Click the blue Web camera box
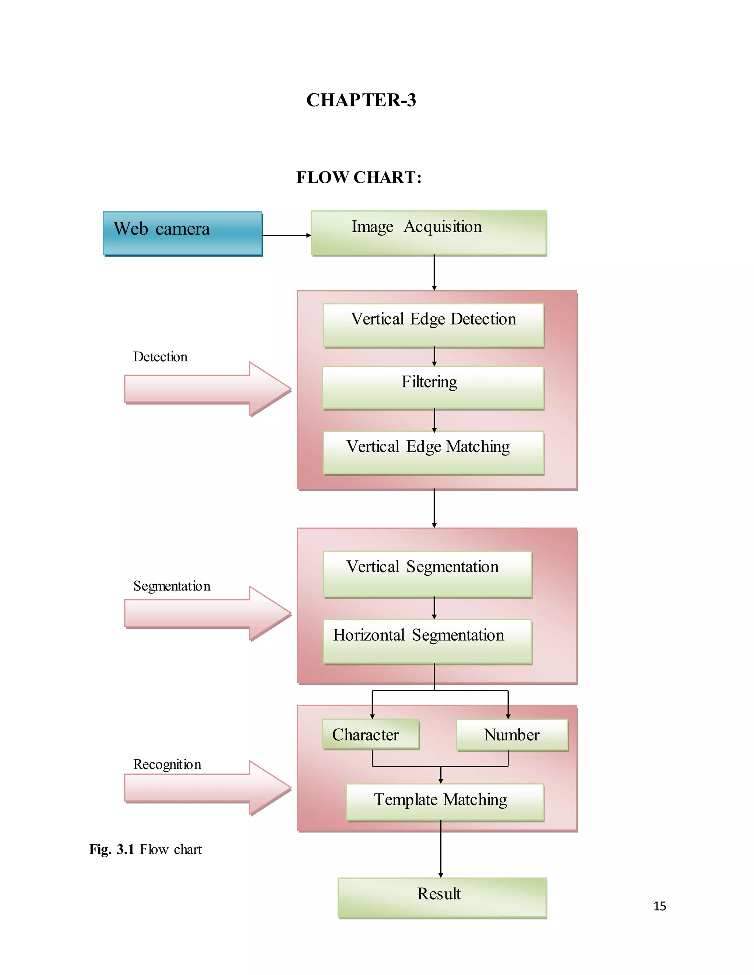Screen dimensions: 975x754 point(182,233)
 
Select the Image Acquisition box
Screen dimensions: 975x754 point(429,233)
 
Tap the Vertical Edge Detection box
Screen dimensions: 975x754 point(433,325)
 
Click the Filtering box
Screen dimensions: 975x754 point(433,387)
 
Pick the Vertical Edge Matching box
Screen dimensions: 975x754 point(433,452)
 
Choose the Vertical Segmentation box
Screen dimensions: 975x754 point(427,574)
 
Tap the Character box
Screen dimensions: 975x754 point(370,734)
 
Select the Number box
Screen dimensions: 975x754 point(511,734)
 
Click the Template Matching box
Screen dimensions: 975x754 point(444,802)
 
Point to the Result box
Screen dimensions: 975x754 point(442,897)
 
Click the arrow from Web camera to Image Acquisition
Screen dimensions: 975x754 point(286,235)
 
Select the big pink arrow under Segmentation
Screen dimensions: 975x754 point(208,613)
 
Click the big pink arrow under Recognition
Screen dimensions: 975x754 point(208,788)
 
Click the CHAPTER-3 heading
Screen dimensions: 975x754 point(361,100)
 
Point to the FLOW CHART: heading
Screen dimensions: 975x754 point(359,177)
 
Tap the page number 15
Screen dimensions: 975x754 point(659,906)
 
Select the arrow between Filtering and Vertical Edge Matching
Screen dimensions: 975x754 point(434,420)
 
